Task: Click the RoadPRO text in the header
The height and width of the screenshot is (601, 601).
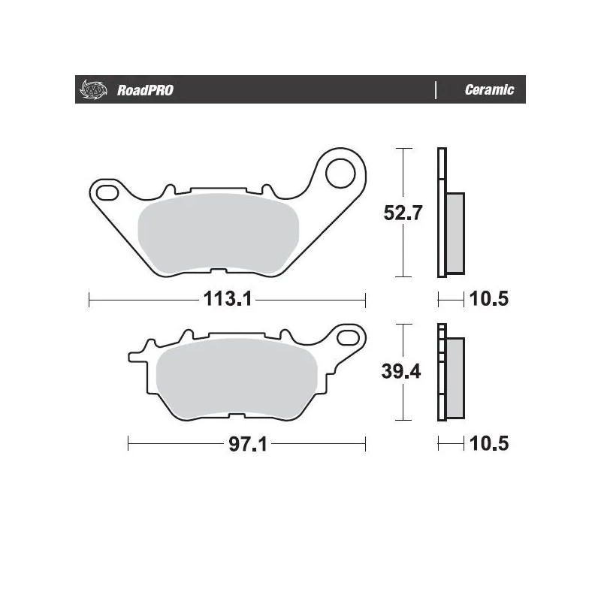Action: (x=145, y=90)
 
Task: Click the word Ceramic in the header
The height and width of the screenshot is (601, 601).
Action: (x=489, y=90)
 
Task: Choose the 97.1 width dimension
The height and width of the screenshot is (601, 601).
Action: (x=247, y=444)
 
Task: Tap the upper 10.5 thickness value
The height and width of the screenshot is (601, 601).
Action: (x=488, y=300)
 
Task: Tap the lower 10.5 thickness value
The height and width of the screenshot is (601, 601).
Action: (x=488, y=444)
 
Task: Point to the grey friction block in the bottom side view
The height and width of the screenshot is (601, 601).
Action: (x=455, y=376)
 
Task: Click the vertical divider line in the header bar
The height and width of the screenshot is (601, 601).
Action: (x=436, y=90)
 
